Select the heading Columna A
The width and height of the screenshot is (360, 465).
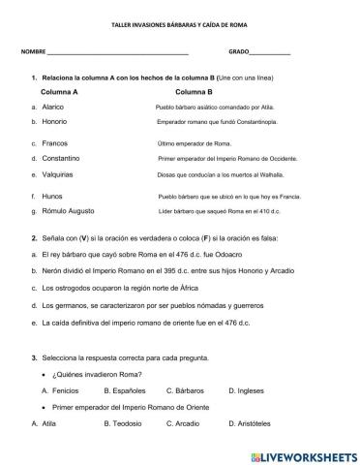(x=59, y=92)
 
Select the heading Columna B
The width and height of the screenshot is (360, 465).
(x=190, y=92)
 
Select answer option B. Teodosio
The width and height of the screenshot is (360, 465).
(x=106, y=423)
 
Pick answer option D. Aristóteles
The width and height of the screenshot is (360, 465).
(x=258, y=423)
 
